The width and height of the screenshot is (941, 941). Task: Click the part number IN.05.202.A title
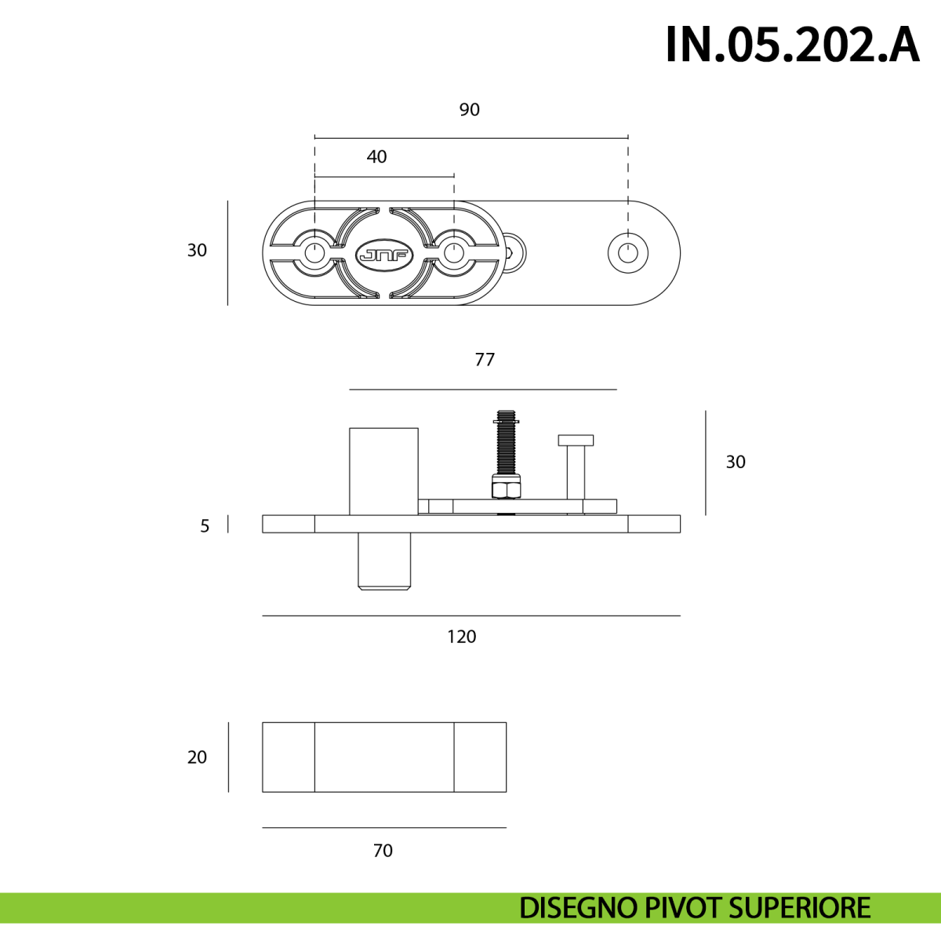click(x=793, y=45)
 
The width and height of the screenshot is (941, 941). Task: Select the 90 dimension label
click(x=469, y=110)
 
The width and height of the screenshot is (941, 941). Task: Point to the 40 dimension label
click(x=376, y=157)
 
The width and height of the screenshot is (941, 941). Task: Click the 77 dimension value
click(x=485, y=360)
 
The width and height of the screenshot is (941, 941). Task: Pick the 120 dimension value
click(x=461, y=637)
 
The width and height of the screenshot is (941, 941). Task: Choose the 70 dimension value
click(x=383, y=851)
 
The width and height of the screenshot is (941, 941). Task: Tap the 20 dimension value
click(x=198, y=758)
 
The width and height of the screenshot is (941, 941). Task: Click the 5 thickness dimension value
click(x=205, y=526)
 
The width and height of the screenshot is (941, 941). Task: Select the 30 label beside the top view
click(x=198, y=250)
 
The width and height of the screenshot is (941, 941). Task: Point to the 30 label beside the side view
click(x=736, y=462)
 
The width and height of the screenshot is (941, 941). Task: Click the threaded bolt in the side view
click(x=507, y=445)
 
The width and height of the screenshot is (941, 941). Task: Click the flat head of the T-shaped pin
click(x=576, y=440)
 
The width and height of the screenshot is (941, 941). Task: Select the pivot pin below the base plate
click(x=384, y=561)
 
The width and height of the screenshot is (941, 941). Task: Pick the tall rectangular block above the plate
click(x=383, y=471)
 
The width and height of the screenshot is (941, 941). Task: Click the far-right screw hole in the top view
click(x=628, y=253)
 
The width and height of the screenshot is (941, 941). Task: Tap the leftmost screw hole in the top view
click(x=314, y=253)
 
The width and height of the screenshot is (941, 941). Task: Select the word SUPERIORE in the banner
click(x=799, y=908)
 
